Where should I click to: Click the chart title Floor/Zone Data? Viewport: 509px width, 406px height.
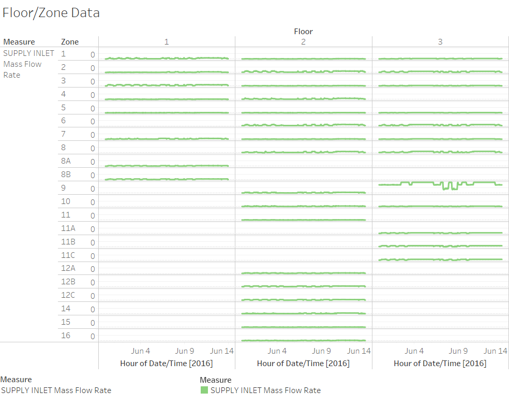tap(51, 13)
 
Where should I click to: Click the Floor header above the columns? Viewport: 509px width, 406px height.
tap(303, 31)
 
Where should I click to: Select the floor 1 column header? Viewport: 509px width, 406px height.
tap(167, 41)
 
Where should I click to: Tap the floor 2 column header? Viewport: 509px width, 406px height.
tap(303, 41)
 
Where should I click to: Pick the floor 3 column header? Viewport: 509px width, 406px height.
tap(440, 41)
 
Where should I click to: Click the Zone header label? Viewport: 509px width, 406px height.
tap(70, 41)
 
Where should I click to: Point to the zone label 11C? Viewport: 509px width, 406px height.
tap(68, 255)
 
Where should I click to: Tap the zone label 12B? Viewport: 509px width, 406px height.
tap(68, 282)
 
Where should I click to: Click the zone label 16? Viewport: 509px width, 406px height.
tap(66, 335)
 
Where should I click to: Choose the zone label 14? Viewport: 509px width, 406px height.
tap(66, 309)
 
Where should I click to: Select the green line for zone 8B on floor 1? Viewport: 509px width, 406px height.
tap(167, 179)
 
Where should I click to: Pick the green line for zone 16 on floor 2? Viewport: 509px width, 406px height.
tap(303, 340)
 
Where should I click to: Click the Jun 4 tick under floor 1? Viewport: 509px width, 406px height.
tap(141, 351)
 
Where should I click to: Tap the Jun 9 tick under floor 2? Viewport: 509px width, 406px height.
tap(322, 351)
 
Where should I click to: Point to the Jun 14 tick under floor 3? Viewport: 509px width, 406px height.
tap(496, 351)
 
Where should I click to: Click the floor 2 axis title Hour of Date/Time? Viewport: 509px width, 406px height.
tap(303, 363)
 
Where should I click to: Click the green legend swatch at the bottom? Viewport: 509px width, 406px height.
tap(204, 390)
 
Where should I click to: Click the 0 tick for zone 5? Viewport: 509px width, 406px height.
tap(93, 108)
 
